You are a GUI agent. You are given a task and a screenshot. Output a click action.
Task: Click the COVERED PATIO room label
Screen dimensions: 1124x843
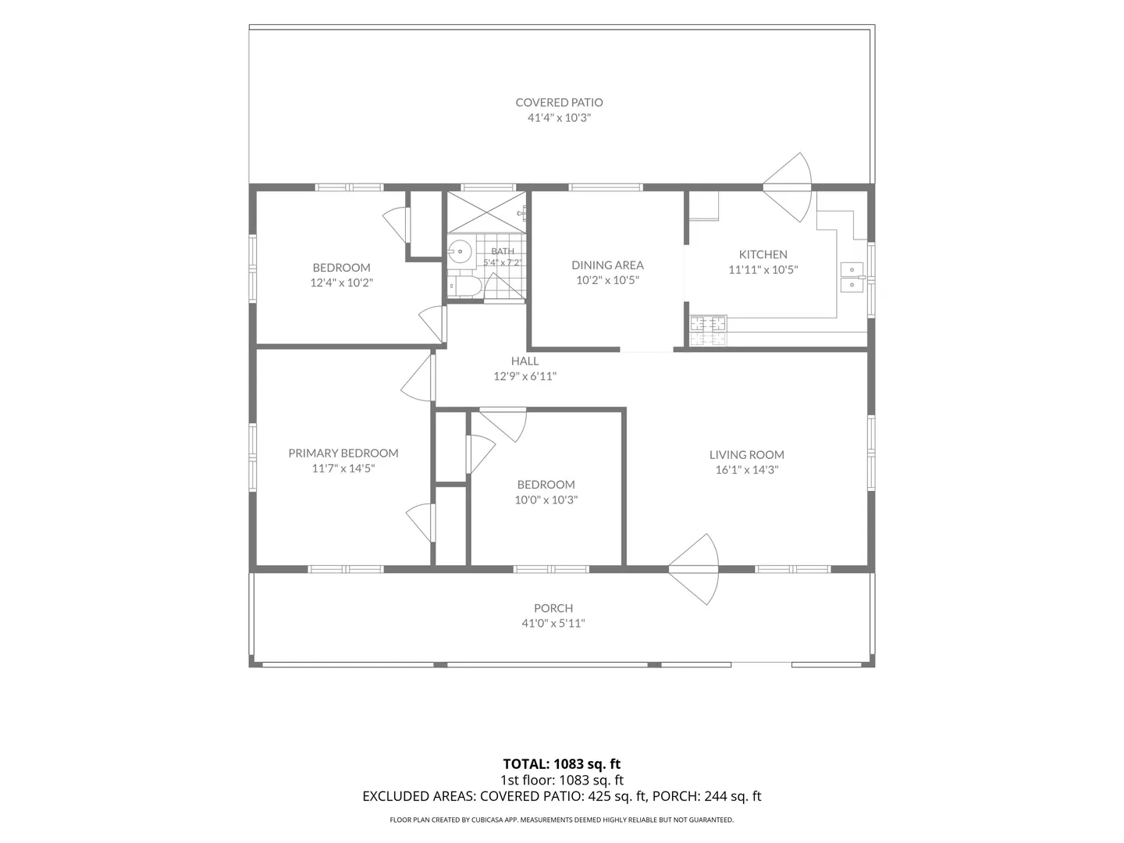coord(559,102)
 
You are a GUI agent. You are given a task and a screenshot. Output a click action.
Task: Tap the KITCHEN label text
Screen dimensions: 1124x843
coord(763,254)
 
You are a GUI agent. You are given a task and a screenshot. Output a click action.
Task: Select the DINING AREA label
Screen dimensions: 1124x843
coord(607,265)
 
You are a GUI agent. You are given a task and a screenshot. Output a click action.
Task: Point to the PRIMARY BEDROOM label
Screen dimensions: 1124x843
coord(343,453)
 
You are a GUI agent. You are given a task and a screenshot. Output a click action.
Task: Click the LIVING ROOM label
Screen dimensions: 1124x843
coord(747,454)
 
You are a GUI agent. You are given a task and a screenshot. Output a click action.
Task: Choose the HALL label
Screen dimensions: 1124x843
coord(525,361)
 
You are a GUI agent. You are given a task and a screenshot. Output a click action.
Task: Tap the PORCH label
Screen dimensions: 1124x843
coord(553,608)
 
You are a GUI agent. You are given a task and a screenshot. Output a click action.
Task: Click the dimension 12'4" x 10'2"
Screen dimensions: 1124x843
coord(342,283)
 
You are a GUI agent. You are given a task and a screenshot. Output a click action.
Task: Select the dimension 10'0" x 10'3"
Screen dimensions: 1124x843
coord(546,500)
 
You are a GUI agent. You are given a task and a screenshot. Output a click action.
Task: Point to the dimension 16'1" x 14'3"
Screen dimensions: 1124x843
coord(747,470)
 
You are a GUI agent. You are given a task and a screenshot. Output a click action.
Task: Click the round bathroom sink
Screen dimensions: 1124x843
coord(460,252)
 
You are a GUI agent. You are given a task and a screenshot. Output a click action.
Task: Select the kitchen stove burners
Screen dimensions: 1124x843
coord(708,331)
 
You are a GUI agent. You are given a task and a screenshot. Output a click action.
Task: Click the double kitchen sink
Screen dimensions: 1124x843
coord(852,277)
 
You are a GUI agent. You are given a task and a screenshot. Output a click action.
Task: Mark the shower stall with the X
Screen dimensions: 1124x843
coord(486,212)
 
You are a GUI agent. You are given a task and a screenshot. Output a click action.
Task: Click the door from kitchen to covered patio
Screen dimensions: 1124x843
coord(788,187)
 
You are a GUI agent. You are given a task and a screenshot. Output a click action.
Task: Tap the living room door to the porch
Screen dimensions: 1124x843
coord(693,569)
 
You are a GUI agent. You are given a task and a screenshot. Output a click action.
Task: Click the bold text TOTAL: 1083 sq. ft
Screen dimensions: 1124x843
coord(562,764)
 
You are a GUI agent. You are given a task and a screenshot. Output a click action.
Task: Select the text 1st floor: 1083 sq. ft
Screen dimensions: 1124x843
coord(562,780)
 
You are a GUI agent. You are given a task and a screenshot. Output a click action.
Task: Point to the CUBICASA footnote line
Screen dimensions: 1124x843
coord(562,820)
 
